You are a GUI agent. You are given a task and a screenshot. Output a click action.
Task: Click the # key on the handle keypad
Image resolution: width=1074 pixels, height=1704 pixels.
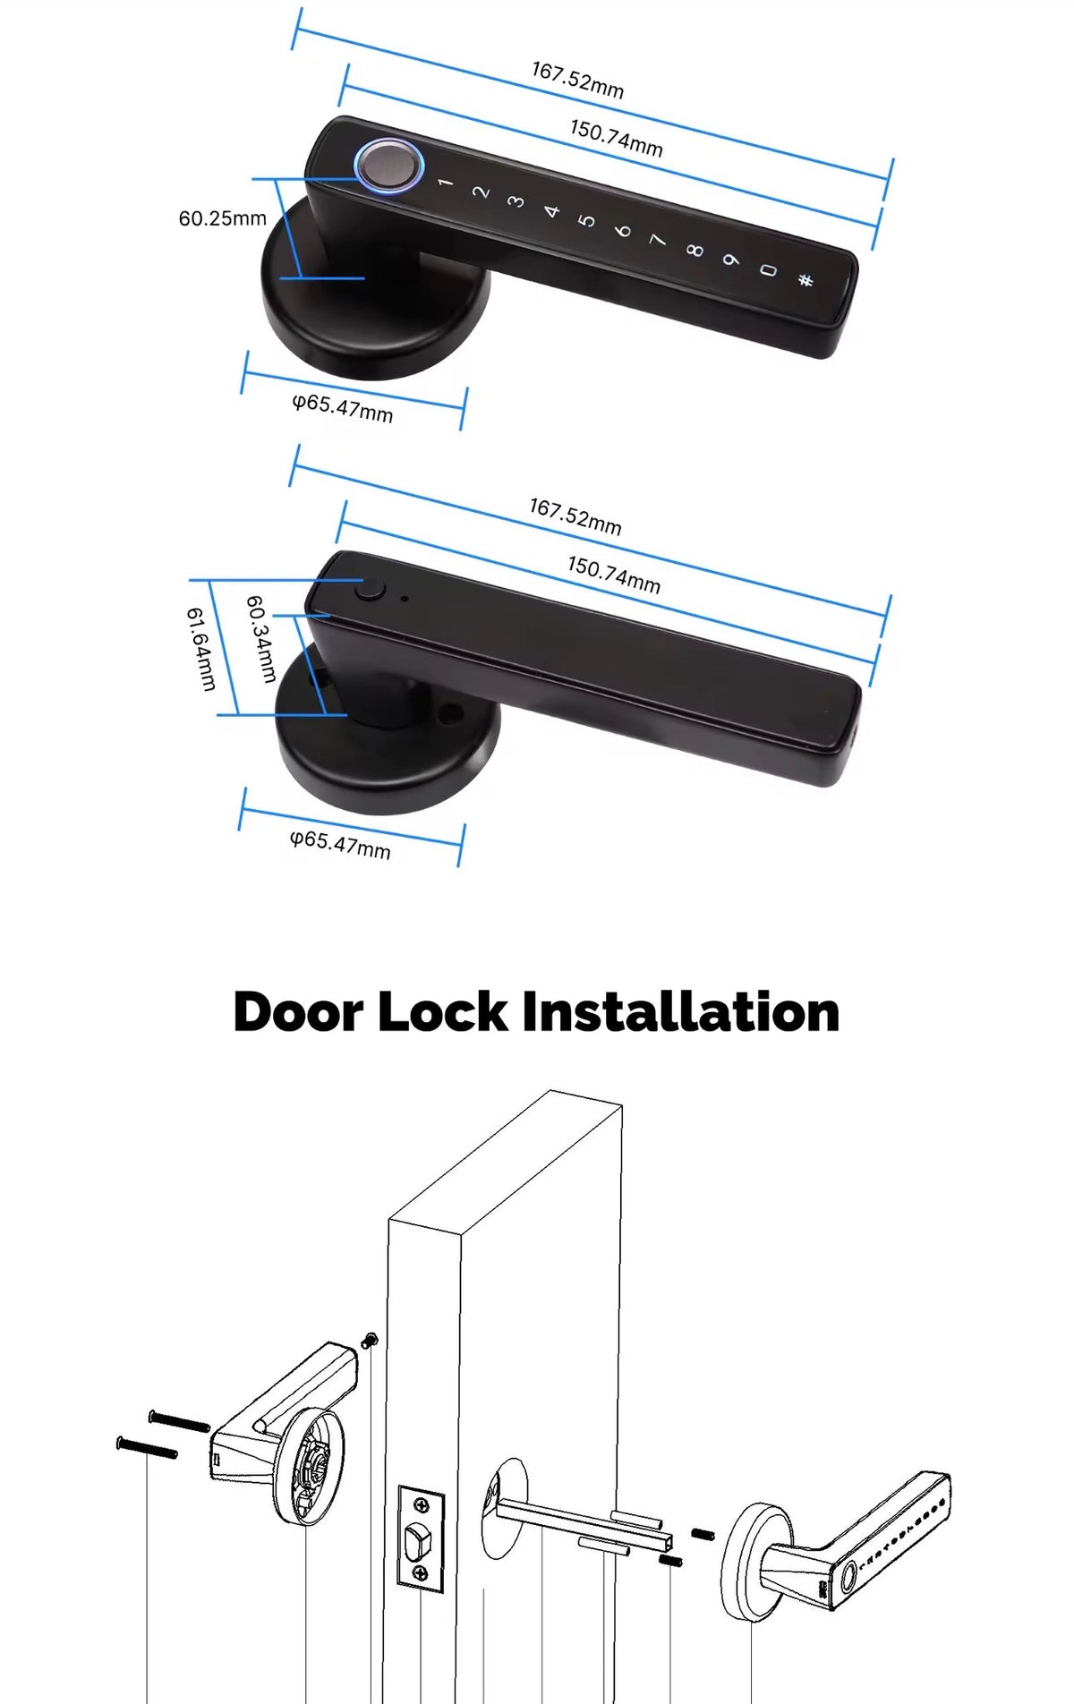(805, 280)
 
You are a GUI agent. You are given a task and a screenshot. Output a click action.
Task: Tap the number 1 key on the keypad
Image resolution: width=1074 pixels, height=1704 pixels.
(445, 183)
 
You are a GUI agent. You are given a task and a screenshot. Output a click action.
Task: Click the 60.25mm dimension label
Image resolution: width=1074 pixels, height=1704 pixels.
(223, 218)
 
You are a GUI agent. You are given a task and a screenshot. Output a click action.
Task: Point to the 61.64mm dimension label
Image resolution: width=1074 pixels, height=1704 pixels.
(201, 649)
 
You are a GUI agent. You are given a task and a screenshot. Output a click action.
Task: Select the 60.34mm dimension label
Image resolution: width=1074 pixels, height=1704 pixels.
(260, 639)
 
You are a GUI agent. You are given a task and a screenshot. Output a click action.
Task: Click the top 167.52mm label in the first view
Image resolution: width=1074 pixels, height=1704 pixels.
(577, 80)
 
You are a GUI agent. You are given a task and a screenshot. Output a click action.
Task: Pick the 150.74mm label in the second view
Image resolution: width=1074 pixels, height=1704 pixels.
(614, 575)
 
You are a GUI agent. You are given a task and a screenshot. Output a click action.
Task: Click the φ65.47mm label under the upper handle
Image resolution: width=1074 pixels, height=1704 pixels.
(343, 408)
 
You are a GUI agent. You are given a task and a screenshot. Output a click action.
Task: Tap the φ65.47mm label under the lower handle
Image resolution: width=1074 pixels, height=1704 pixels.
(340, 844)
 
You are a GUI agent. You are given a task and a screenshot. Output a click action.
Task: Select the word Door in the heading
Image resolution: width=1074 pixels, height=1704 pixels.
(298, 1012)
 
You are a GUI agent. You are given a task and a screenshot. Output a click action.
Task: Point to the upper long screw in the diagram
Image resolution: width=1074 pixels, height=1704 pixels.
(179, 1420)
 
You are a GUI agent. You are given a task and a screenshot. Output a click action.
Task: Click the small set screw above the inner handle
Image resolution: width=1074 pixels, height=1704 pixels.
(370, 1341)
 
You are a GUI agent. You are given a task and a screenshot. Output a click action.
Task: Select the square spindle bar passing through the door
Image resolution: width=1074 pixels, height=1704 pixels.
(582, 1521)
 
